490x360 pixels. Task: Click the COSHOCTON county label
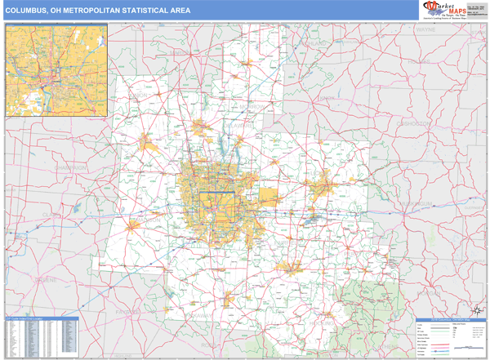(417, 122)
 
